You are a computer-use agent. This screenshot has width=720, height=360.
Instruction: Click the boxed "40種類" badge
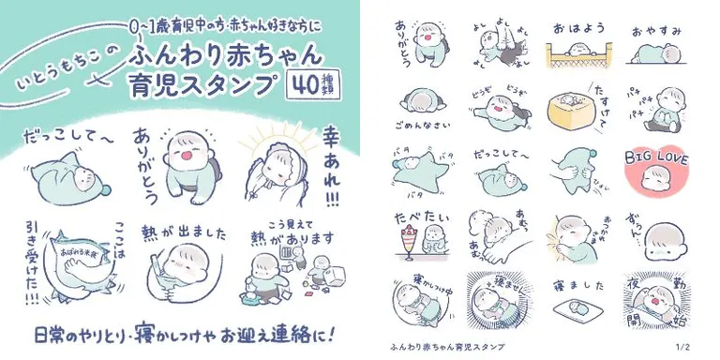click(311, 85)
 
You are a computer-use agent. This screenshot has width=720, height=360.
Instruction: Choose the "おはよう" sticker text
click(571, 27)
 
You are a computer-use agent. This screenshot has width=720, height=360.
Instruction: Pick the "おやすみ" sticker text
click(653, 28)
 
